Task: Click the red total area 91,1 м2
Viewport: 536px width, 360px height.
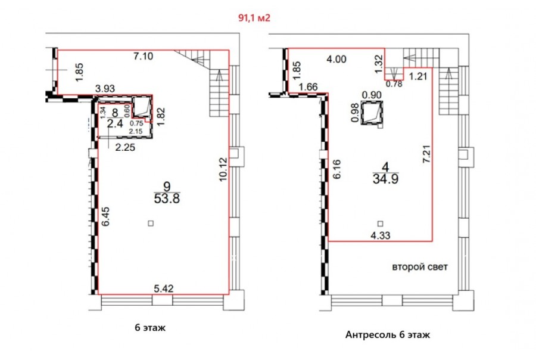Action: (254, 18)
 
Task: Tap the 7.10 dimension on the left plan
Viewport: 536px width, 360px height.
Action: (143, 56)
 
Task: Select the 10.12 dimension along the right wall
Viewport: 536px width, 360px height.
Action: (223, 169)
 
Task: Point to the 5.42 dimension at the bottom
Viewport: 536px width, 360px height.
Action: (163, 288)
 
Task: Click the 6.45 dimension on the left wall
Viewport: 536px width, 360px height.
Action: (105, 216)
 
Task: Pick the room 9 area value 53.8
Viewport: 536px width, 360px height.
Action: (167, 198)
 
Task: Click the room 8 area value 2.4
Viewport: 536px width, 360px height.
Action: (115, 123)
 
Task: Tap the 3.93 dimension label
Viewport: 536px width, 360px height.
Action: (105, 89)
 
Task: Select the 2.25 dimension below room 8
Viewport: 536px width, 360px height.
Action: (125, 147)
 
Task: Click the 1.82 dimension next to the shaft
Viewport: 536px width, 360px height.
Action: (161, 117)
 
